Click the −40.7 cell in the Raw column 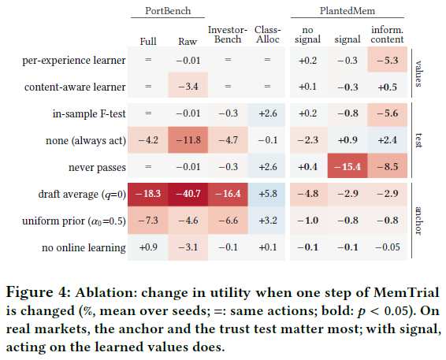pyautogui.click(x=188, y=194)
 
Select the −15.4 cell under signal pyautogui.click(x=348, y=166)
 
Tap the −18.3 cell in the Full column pyautogui.click(x=148, y=194)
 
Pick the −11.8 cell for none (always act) pyautogui.click(x=188, y=140)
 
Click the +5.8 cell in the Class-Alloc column pyautogui.click(x=268, y=194)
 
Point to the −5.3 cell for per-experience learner pyautogui.click(x=388, y=61)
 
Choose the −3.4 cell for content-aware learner pyautogui.click(x=188, y=87)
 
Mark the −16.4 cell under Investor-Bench pyautogui.click(x=228, y=194)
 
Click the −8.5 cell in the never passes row pyautogui.click(x=388, y=166)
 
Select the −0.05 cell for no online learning pyautogui.click(x=388, y=247)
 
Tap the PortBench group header pyautogui.click(x=168, y=11)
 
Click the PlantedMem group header pyautogui.click(x=348, y=11)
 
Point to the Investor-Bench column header pyautogui.click(x=228, y=35)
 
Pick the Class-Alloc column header pyautogui.click(x=267, y=35)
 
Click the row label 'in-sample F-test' pyautogui.click(x=89, y=113)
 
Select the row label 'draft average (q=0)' pyautogui.click(x=82, y=195)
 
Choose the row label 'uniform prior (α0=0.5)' pyautogui.click(x=74, y=221)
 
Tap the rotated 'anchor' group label pyautogui.click(x=418, y=221)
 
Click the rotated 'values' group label pyautogui.click(x=418, y=73)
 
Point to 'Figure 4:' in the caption pyautogui.click(x=38, y=292)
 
